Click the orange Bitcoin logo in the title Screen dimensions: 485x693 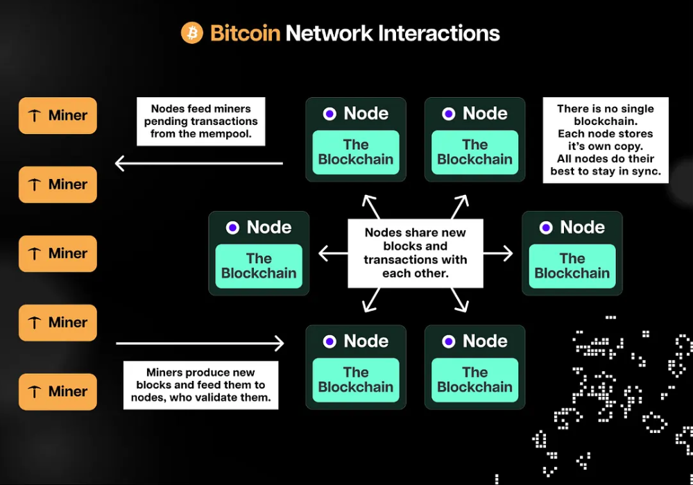click(x=192, y=33)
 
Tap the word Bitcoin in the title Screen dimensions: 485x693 click(x=245, y=33)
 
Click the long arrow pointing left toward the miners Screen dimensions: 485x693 click(x=198, y=164)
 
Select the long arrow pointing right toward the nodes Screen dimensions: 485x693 click(x=200, y=343)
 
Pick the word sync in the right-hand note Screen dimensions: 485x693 click(x=644, y=171)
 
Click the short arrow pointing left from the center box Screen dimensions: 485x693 click(x=332, y=253)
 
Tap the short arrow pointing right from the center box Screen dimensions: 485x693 click(x=498, y=253)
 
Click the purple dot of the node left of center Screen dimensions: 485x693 click(x=232, y=228)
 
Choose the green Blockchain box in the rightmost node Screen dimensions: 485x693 click(x=572, y=266)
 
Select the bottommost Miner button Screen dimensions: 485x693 click(x=58, y=391)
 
